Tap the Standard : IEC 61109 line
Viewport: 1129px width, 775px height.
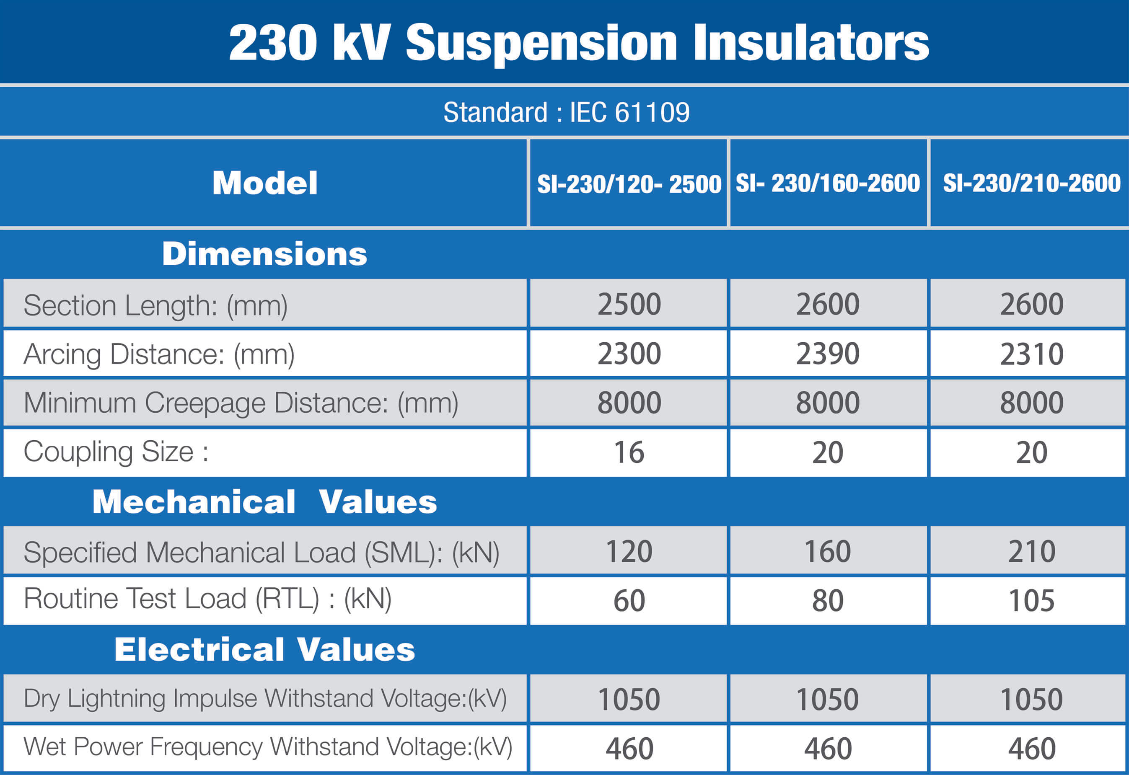pyautogui.click(x=567, y=113)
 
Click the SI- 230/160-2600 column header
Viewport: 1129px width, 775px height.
pyautogui.click(x=828, y=183)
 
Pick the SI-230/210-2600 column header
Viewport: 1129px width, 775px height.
pyautogui.click(x=1031, y=183)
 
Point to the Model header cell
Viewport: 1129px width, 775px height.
pyautogui.click(x=265, y=183)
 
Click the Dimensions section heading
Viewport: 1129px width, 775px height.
pyautogui.click(x=265, y=253)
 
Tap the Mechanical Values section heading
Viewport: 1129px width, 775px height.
pyautogui.click(x=265, y=501)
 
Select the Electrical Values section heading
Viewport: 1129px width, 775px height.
pyautogui.click(x=265, y=649)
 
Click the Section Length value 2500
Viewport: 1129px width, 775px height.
pyautogui.click(x=629, y=305)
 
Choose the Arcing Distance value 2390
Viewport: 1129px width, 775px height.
pyautogui.click(x=828, y=354)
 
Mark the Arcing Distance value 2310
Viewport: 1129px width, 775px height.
pyautogui.click(x=1031, y=354)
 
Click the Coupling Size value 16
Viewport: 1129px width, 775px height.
pyautogui.click(x=629, y=452)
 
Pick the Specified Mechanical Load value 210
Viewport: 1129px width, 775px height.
pyautogui.click(x=1031, y=551)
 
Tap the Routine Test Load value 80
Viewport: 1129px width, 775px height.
pyautogui.click(x=828, y=601)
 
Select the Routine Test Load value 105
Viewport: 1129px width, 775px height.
pyautogui.click(x=1031, y=601)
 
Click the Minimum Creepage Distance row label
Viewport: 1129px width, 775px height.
pyautogui.click(x=241, y=403)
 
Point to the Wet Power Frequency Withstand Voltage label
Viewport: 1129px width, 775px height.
pyautogui.click(x=268, y=747)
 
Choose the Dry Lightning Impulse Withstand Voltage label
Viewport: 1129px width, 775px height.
pyautogui.click(x=265, y=698)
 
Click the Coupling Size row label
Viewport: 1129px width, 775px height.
pyautogui.click(x=116, y=452)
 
